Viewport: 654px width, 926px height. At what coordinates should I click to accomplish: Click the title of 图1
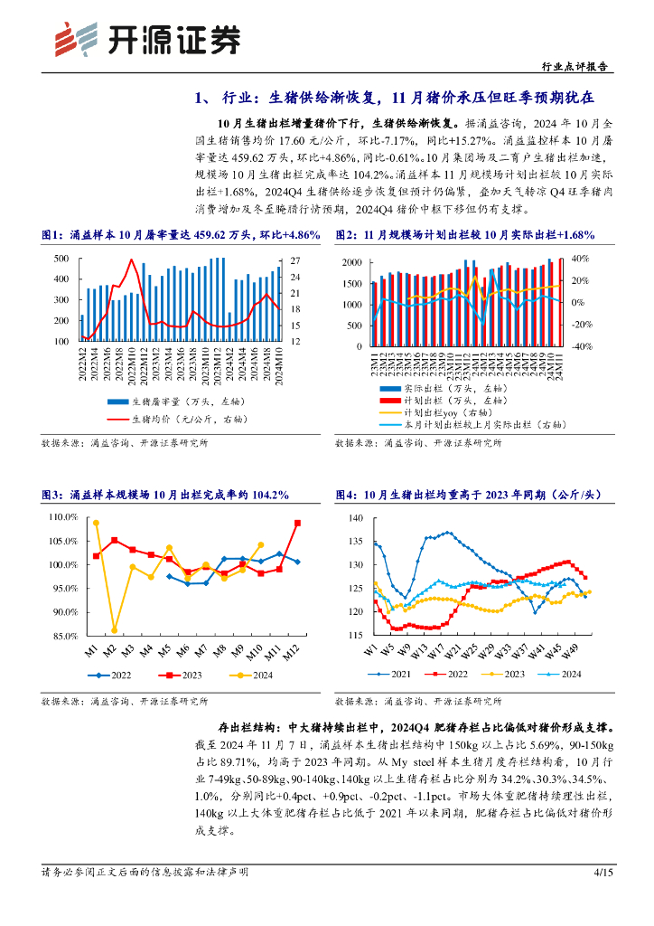click(x=181, y=235)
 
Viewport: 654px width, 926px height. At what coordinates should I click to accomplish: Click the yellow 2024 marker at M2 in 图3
click(x=115, y=629)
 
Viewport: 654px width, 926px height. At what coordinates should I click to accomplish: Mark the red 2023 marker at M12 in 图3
click(x=297, y=523)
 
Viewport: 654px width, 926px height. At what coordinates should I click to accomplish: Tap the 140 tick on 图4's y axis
click(x=355, y=517)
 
